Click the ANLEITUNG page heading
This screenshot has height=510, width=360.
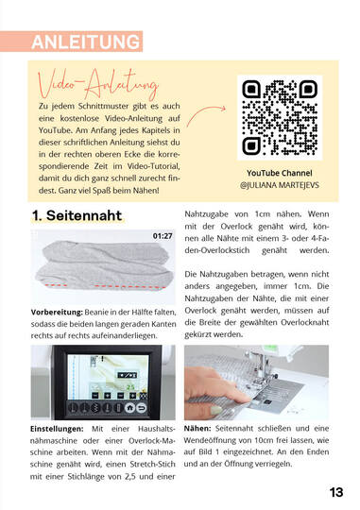point(86,42)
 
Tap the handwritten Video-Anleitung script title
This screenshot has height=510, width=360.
point(98,84)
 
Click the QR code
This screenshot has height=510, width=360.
point(280,117)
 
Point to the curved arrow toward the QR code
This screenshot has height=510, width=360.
point(205,115)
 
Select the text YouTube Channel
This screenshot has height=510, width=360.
point(280,173)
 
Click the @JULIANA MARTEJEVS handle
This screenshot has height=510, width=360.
point(280,185)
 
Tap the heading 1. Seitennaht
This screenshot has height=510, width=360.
point(77,215)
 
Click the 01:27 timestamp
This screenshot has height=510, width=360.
point(163,236)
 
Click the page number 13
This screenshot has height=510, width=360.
point(336,492)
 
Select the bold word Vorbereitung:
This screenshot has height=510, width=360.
point(57,313)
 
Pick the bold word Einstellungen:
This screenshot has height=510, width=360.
point(57,429)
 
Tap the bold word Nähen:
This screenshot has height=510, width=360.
point(197,429)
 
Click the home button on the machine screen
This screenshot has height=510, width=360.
point(129,407)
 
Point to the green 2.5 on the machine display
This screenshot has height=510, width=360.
point(130,387)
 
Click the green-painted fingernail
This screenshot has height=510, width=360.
point(216,410)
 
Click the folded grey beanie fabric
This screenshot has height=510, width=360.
point(104,266)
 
